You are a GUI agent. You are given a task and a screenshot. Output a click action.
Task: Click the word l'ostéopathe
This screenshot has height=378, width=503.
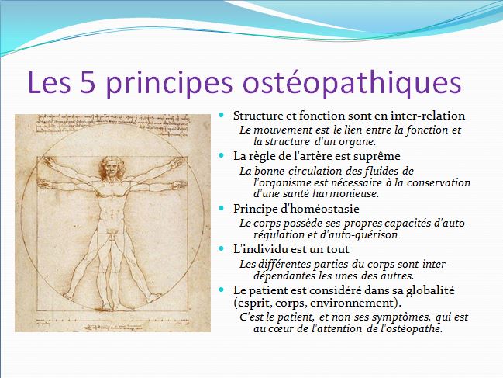pyautogui.click(x=408, y=328)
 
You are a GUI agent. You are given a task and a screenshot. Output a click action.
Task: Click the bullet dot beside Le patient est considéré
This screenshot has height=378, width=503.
pyautogui.click(x=221, y=289)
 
